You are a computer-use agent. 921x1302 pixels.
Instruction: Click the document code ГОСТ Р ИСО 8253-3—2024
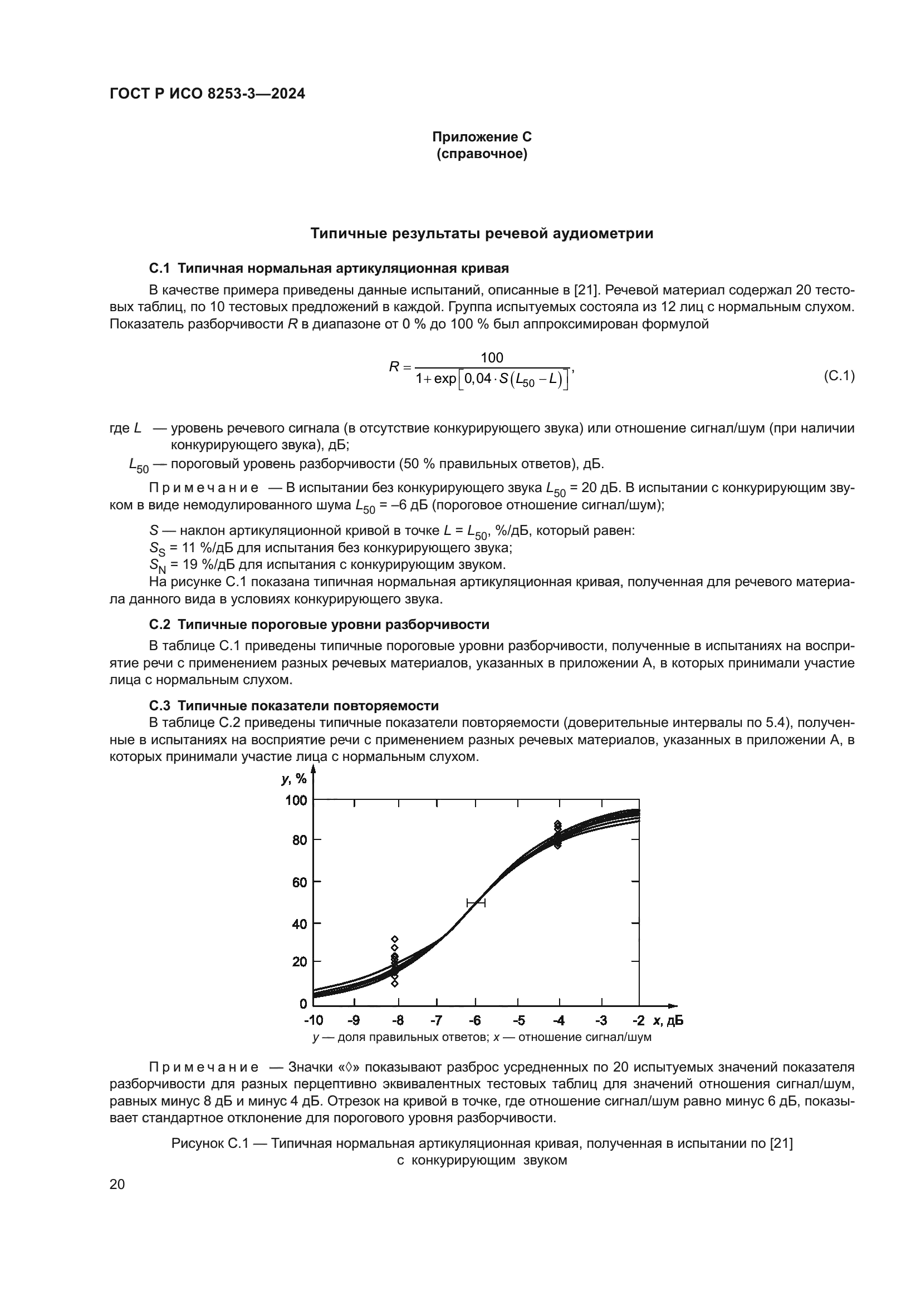pos(207,94)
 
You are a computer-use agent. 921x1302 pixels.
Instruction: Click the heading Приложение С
pos(482,137)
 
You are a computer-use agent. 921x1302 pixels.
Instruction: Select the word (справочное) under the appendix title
pos(482,154)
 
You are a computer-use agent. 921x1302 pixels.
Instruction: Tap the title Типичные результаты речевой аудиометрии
pos(482,234)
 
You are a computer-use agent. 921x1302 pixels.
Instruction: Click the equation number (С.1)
pos(839,375)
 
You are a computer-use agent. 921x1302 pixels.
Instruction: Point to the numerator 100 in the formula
pos(492,357)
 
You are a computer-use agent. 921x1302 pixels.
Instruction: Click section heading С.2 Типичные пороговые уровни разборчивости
pos(319,625)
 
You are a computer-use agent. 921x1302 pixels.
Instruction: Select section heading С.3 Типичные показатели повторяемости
pos(294,705)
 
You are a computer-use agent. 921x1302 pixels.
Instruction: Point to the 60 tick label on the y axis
pos(300,882)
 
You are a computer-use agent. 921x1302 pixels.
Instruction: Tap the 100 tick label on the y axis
pos(296,800)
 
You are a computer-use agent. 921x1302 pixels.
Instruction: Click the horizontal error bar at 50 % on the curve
pos(476,902)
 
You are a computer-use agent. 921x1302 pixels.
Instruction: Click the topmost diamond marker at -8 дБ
pos(395,939)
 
